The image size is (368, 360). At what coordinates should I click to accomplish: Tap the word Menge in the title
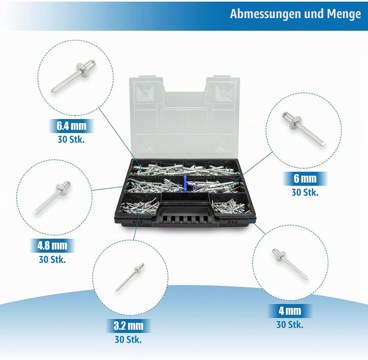[344, 14]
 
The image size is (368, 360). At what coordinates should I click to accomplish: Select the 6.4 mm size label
[72, 126]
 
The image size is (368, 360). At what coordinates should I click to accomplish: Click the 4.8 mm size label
[52, 245]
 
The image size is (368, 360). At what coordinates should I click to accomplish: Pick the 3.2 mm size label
[128, 326]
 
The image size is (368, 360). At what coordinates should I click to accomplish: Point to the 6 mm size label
[305, 178]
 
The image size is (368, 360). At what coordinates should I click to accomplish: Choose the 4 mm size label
[290, 311]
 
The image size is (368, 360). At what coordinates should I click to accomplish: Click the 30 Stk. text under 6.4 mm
[71, 140]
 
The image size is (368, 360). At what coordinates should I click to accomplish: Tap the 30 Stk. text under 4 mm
[290, 325]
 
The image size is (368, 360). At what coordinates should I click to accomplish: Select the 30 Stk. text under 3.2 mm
[128, 340]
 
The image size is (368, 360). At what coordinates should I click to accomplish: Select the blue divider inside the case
[185, 184]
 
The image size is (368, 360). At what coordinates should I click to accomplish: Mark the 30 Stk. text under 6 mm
[305, 193]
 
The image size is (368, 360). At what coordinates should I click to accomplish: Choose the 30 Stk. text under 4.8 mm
[52, 260]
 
